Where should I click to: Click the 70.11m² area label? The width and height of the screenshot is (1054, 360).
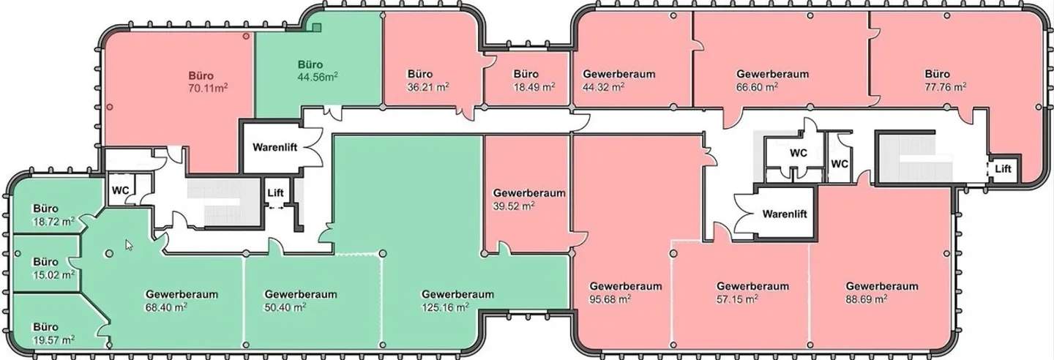[x=208, y=88]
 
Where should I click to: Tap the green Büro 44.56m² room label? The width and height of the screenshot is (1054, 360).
[x=318, y=71]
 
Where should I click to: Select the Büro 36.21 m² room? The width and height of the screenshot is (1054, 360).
[x=428, y=80]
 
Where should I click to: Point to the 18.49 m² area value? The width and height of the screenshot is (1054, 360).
[x=534, y=87]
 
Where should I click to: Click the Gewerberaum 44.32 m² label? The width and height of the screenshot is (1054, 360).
[x=618, y=80]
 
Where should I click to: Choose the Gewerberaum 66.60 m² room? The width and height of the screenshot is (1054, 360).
[x=773, y=80]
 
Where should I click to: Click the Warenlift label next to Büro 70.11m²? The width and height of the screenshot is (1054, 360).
[x=274, y=147]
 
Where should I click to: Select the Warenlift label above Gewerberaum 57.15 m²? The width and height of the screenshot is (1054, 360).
[x=785, y=214]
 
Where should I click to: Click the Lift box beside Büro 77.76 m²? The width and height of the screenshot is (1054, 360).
[x=1003, y=168]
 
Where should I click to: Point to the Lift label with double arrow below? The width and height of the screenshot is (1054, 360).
[x=275, y=193]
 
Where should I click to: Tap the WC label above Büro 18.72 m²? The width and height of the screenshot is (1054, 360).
[x=121, y=190]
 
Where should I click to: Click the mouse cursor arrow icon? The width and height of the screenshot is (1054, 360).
[x=129, y=245]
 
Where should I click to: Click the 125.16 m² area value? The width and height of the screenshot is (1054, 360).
[x=445, y=308]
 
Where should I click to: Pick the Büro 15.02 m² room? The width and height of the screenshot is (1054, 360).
[x=53, y=269]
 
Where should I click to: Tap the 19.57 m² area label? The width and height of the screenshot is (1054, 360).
[x=53, y=340]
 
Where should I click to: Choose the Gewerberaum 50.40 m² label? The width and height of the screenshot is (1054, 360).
[x=301, y=301]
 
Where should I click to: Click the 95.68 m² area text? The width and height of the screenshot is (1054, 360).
[x=610, y=299]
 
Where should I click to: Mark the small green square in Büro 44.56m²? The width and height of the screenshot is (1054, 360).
[x=317, y=27]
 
